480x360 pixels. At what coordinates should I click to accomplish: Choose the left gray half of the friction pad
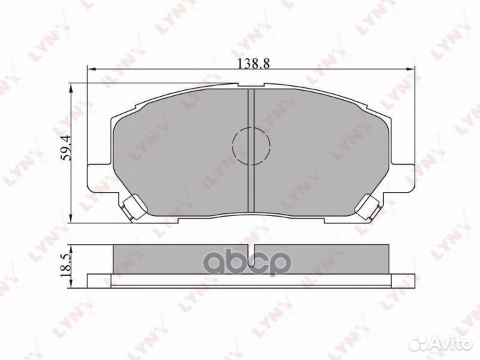[x=180, y=153]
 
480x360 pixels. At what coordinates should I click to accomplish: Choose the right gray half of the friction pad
[x=320, y=153]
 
